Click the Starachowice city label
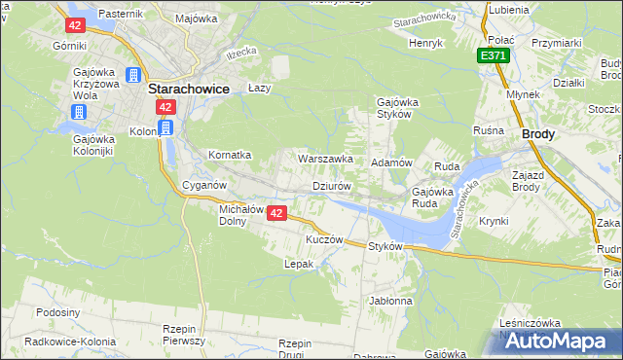189,88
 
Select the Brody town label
538,135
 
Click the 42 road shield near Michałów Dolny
277,214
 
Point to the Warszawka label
325,158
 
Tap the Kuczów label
325,239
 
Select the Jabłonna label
391,301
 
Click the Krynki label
494,221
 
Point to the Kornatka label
231,155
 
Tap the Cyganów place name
204,185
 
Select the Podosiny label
57,312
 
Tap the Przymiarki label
557,43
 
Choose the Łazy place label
258,86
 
